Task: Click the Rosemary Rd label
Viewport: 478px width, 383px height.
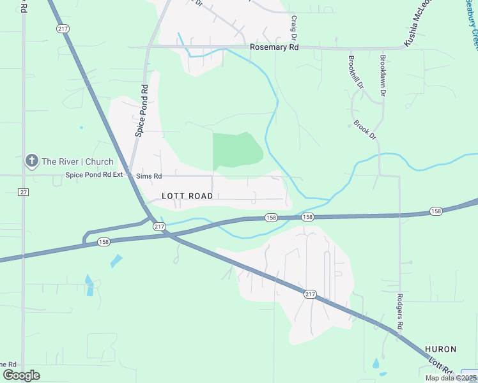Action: [x=274, y=47]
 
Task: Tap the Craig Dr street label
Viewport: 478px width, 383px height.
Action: [x=294, y=29]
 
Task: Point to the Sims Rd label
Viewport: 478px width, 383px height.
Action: [x=148, y=176]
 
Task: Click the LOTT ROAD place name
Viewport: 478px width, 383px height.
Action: [x=187, y=196]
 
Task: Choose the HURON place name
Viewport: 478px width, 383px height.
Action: [x=441, y=349]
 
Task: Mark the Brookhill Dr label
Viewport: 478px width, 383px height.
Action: [x=355, y=71]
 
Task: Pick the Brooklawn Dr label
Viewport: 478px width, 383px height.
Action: [x=383, y=75]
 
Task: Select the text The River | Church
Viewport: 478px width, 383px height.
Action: [x=77, y=161]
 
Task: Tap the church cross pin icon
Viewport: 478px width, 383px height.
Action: [x=31, y=161]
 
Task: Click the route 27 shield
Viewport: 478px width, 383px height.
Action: [x=24, y=192]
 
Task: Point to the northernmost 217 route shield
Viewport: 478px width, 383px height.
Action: [x=63, y=29]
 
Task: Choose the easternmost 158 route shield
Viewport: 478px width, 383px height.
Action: [x=436, y=211]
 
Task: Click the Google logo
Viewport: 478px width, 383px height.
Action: [x=21, y=375]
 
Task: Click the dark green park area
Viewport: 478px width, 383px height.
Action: [x=237, y=151]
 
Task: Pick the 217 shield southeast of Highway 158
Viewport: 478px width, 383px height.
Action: [x=310, y=294]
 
